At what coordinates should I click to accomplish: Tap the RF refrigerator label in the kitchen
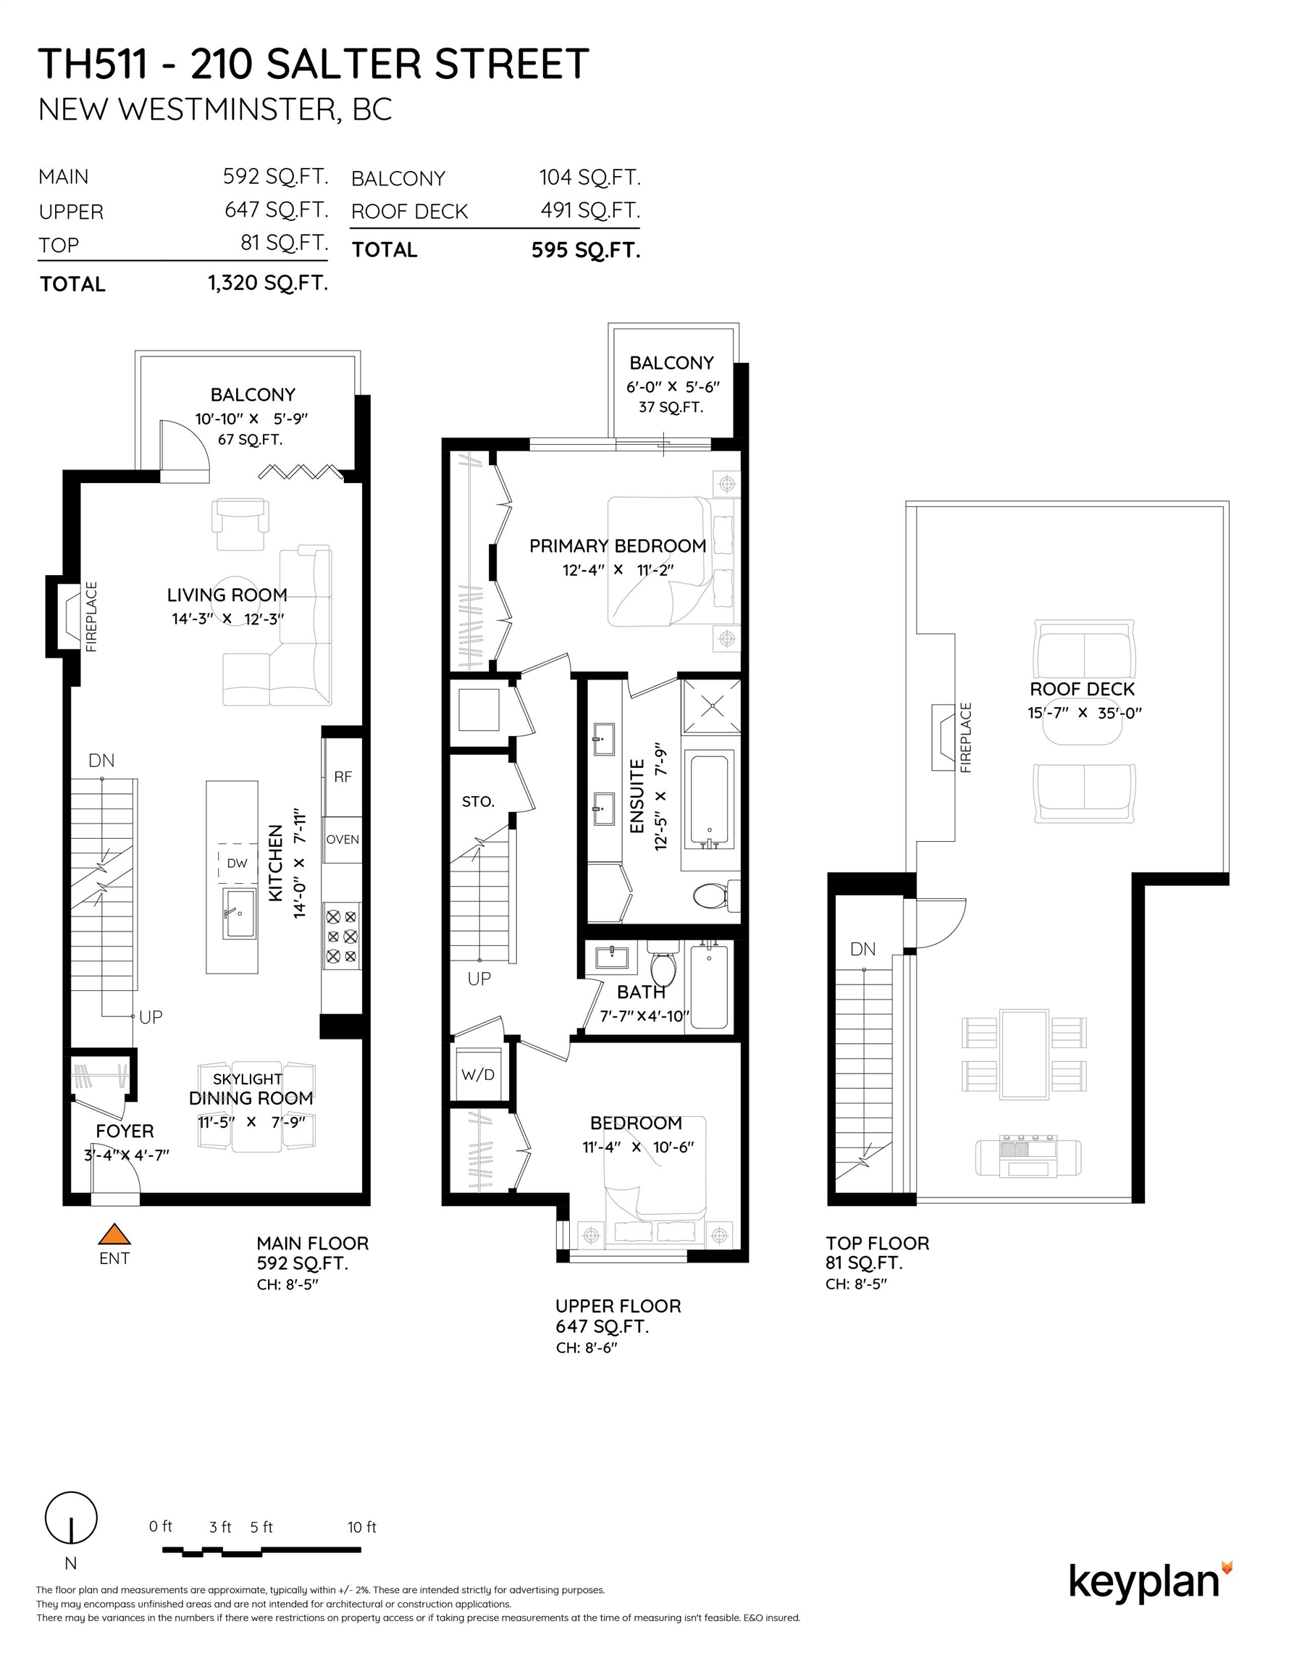343,777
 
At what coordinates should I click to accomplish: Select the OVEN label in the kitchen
343,839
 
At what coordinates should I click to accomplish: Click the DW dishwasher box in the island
237,863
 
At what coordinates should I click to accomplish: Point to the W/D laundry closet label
477,1074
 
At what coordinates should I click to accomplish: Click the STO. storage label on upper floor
479,802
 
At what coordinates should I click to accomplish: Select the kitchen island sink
239,913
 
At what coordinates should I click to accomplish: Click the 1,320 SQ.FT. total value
267,283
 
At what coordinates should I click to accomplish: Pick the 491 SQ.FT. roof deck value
590,210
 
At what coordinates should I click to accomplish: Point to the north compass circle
71,1518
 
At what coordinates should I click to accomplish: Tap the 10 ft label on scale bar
361,1527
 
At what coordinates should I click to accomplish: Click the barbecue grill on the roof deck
1028,1157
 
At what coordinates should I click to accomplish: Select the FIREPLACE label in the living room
92,616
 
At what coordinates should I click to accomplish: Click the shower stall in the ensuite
710,707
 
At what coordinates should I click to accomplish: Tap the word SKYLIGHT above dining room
248,1079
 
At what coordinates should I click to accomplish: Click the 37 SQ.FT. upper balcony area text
671,407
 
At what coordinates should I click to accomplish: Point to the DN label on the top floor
862,949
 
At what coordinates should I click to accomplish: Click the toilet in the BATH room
663,967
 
